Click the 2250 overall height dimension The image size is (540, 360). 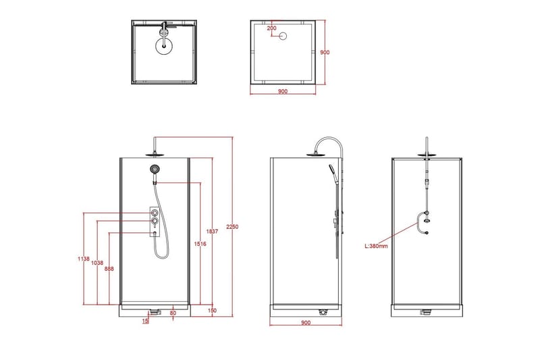point(233,226)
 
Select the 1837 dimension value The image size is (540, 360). point(213,231)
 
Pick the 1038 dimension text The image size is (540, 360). point(97,263)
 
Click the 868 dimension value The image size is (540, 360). point(109,268)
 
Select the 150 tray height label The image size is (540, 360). point(213,311)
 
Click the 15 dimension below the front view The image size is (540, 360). point(144,322)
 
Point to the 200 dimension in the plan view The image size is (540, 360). point(271,28)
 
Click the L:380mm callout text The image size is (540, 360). point(377,246)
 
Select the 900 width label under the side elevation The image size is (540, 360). point(305,323)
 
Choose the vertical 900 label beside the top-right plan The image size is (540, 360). point(325,52)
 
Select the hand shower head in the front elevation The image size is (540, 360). point(155,169)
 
